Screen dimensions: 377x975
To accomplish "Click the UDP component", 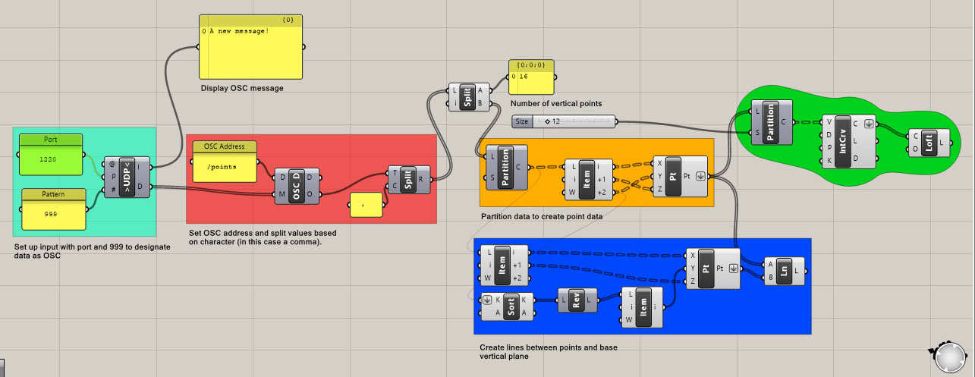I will pyautogui.click(x=126, y=176).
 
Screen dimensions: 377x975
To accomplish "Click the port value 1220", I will pyautogui.click(x=48, y=159).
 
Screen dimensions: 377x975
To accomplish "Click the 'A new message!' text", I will pyautogui.click(x=239, y=31).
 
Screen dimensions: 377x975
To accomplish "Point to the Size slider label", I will pyautogui.click(x=521, y=121).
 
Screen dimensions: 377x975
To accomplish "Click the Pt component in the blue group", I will pyautogui.click(x=705, y=269).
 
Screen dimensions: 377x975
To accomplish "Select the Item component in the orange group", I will pyautogui.click(x=585, y=180).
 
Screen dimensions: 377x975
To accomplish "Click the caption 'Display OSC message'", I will pyautogui.click(x=242, y=88).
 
